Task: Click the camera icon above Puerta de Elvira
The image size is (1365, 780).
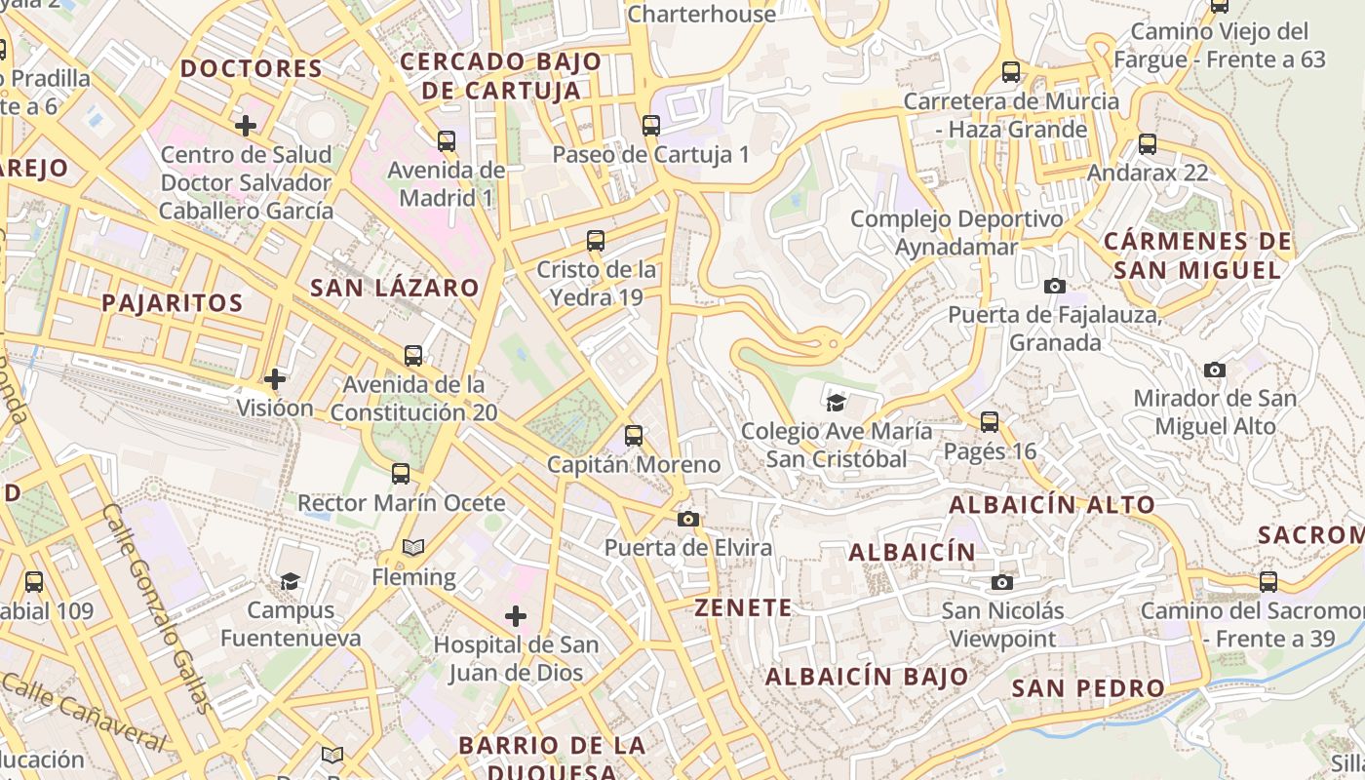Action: (x=688, y=519)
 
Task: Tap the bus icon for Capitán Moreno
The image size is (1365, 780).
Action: (x=634, y=436)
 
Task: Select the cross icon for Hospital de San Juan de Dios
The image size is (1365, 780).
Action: (x=516, y=616)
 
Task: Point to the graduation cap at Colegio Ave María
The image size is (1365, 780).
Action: (x=836, y=403)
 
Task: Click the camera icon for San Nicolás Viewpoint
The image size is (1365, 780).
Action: (x=1001, y=583)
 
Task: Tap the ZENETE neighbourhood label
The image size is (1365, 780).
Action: (x=743, y=607)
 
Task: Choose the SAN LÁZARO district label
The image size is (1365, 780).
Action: (x=394, y=288)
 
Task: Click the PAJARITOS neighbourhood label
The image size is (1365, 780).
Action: (x=173, y=302)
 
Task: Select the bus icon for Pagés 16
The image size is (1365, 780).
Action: (x=990, y=422)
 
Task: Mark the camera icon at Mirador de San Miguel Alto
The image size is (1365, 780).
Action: (x=1214, y=370)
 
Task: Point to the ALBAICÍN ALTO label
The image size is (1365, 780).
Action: (x=1052, y=505)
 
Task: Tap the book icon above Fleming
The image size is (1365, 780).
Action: (x=413, y=548)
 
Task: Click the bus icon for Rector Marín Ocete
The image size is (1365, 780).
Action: (x=401, y=474)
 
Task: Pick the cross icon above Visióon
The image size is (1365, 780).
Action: (x=275, y=378)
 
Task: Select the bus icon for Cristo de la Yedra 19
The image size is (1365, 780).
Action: (x=596, y=241)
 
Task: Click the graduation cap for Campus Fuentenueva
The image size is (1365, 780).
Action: (x=290, y=582)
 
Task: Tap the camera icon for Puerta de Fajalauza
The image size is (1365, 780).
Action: (x=1054, y=287)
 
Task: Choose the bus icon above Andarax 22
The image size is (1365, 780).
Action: (x=1148, y=144)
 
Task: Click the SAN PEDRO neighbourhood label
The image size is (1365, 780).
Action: (x=1088, y=688)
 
